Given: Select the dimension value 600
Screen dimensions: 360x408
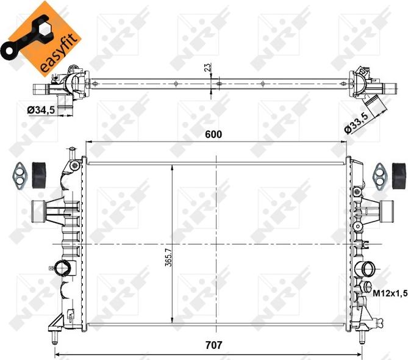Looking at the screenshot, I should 212,134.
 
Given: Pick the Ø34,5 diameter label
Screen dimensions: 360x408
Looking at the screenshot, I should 40,109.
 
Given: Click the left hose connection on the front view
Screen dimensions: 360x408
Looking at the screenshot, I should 41,211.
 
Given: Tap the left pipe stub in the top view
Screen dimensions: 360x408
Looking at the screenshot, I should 41,88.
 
